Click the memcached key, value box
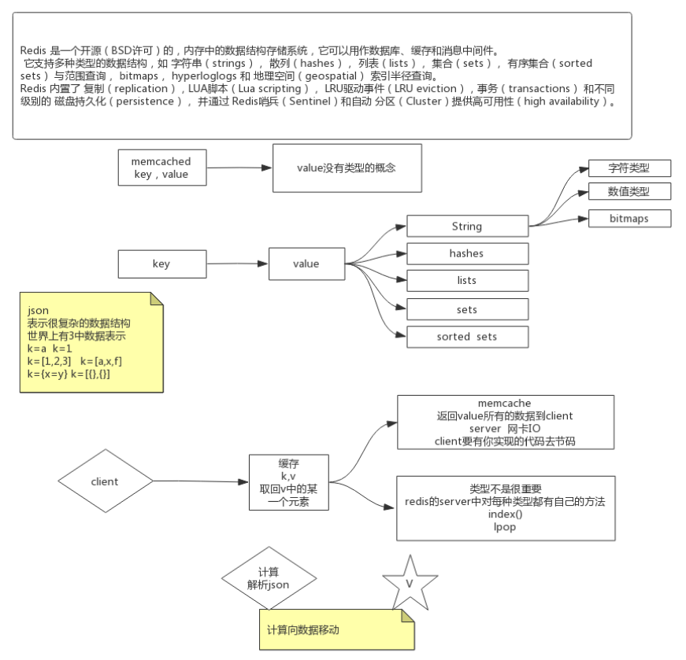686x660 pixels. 161,168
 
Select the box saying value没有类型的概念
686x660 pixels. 347,168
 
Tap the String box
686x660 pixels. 467,227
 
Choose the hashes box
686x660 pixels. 467,253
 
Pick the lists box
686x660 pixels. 467,281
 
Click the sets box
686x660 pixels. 467,309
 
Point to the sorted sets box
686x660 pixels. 467,337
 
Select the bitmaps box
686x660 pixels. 629,219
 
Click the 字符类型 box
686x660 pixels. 629,168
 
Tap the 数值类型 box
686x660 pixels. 629,191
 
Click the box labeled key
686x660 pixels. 161,264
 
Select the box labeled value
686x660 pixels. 306,264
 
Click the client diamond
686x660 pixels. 105,481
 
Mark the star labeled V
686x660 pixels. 410,583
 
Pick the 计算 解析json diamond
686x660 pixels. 269,581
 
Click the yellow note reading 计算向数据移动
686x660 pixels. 336,629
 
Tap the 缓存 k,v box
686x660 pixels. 287,481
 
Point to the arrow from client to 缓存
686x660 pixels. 201,481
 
